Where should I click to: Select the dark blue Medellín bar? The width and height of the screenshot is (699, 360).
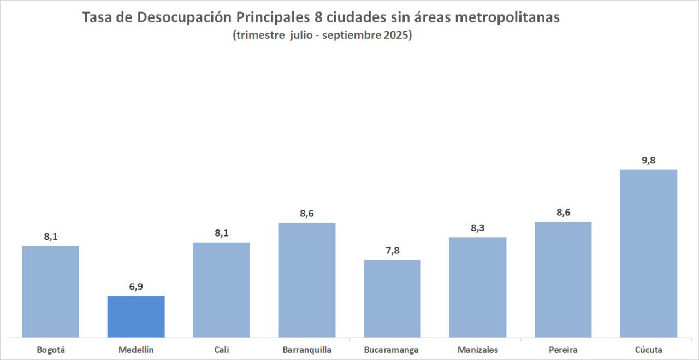click(136, 316)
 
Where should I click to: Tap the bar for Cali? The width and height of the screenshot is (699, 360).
click(221, 290)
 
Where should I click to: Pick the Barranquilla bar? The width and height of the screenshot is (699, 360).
click(307, 280)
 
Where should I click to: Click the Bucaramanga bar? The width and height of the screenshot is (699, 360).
click(392, 298)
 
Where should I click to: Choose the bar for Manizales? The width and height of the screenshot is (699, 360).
click(478, 287)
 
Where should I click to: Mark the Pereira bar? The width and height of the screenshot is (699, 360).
click(563, 279)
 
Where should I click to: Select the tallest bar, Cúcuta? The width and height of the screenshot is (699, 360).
click(649, 253)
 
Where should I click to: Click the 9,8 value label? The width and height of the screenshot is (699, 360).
click(649, 160)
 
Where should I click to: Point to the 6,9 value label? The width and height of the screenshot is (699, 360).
click(136, 286)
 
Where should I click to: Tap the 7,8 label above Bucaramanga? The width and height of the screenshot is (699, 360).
click(392, 250)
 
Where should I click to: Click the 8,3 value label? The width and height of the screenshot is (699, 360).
click(478, 227)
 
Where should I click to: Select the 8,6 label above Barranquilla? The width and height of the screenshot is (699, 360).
click(307, 213)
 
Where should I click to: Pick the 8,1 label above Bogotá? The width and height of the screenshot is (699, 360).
click(51, 237)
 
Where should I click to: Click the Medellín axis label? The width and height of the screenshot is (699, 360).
click(136, 350)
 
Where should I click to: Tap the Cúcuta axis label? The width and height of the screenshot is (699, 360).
click(649, 350)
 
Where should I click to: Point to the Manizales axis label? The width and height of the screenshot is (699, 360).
click(478, 350)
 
